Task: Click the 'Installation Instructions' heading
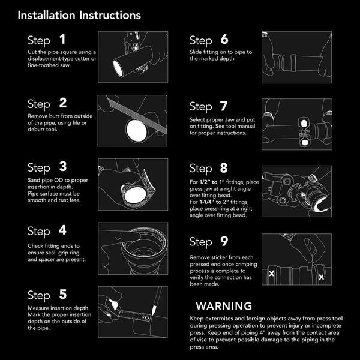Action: pyautogui.click(x=79, y=16)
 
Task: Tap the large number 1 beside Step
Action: pyautogui.click(x=62, y=39)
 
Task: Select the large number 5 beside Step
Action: pyautogui.click(x=63, y=295)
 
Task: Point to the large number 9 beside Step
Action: pyautogui.click(x=224, y=241)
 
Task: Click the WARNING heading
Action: pyautogui.click(x=224, y=306)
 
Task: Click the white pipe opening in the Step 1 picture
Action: pyautogui.click(x=118, y=68)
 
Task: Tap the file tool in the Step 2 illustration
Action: pyautogui.click(x=137, y=115)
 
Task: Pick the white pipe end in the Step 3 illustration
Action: pyautogui.click(x=136, y=195)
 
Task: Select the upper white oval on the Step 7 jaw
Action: pyautogui.click(x=304, y=124)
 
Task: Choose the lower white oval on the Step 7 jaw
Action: pyautogui.click(x=305, y=143)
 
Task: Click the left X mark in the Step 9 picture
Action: pyautogui.click(x=271, y=274)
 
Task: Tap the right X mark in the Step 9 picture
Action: pyautogui.click(x=321, y=277)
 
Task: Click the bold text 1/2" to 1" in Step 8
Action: pyautogui.click(x=212, y=182)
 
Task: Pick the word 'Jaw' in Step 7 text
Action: pyautogui.click(x=229, y=119)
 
